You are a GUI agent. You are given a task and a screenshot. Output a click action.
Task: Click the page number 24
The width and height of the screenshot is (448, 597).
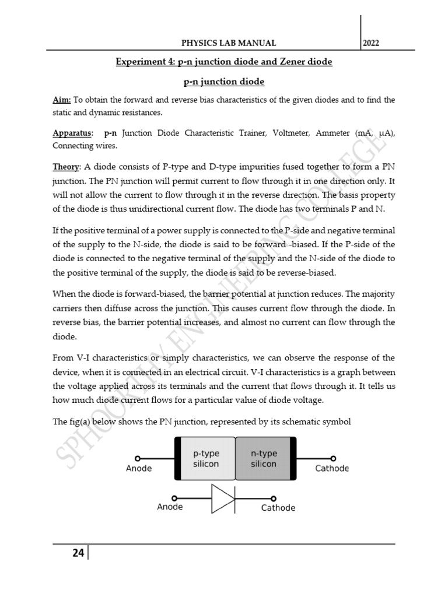[78, 553]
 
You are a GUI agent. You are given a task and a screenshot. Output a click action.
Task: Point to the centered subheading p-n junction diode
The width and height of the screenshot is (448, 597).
[224, 82]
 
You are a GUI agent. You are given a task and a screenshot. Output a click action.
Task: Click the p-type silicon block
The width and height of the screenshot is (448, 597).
[205, 459]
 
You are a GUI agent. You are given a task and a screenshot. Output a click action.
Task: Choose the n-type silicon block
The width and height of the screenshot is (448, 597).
[264, 459]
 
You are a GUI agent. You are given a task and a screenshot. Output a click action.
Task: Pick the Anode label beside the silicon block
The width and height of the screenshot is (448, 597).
[139, 468]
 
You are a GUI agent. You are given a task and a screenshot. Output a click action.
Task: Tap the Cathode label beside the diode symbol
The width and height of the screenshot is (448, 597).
[278, 508]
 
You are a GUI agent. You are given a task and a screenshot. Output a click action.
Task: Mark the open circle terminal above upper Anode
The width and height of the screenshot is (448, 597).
[138, 458]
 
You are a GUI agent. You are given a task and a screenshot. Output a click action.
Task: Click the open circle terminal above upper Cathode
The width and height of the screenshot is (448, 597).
[333, 458]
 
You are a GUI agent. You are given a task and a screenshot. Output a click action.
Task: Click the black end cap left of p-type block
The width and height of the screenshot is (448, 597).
[177, 458]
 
